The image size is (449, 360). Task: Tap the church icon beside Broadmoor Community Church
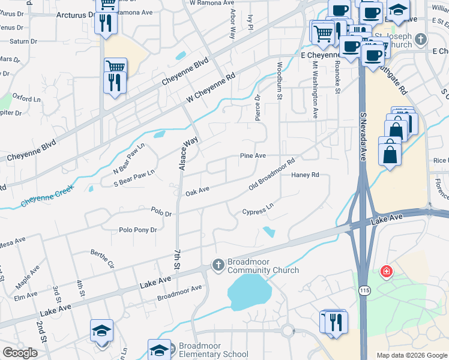pyautogui.click(x=218, y=264)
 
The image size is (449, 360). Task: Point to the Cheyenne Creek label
pyautogui.click(x=47, y=196)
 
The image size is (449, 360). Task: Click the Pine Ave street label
pyautogui.click(x=253, y=156)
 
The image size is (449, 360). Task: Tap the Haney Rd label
pyautogui.click(x=304, y=175)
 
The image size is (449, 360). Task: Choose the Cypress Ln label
pyautogui.click(x=258, y=212)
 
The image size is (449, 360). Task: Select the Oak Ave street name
pyautogui.click(x=197, y=191)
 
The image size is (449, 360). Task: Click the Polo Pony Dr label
pyautogui.click(x=137, y=230)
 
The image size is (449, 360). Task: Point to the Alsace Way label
pyautogui.click(x=189, y=153)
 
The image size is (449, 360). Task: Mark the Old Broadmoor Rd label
pyautogui.click(x=273, y=175)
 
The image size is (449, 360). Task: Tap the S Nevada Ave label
pyautogui.click(x=363, y=137)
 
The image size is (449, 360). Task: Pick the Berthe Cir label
pyautogui.click(x=102, y=258)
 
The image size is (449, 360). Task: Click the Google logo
pyautogui.click(x=20, y=353)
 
